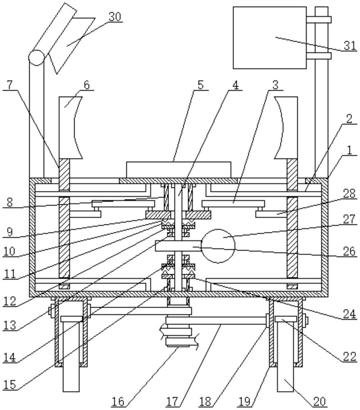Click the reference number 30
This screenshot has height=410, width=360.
point(115,17)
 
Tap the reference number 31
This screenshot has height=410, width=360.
point(349,46)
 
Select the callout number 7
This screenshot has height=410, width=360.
point(10,85)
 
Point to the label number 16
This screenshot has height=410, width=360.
point(118,401)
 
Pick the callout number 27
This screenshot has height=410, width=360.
point(349,219)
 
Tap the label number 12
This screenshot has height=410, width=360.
point(10,301)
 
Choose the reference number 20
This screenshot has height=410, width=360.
point(320,401)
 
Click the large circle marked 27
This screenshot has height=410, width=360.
point(218,246)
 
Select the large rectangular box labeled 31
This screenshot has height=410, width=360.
point(269,38)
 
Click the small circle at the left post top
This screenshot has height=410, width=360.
point(36,57)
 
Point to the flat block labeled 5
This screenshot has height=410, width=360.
point(178,170)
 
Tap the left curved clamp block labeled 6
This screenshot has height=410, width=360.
point(70,128)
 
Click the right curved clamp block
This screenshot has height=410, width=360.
point(286,128)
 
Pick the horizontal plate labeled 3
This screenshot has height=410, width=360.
point(233,203)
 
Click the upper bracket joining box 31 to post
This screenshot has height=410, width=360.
point(319,20)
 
